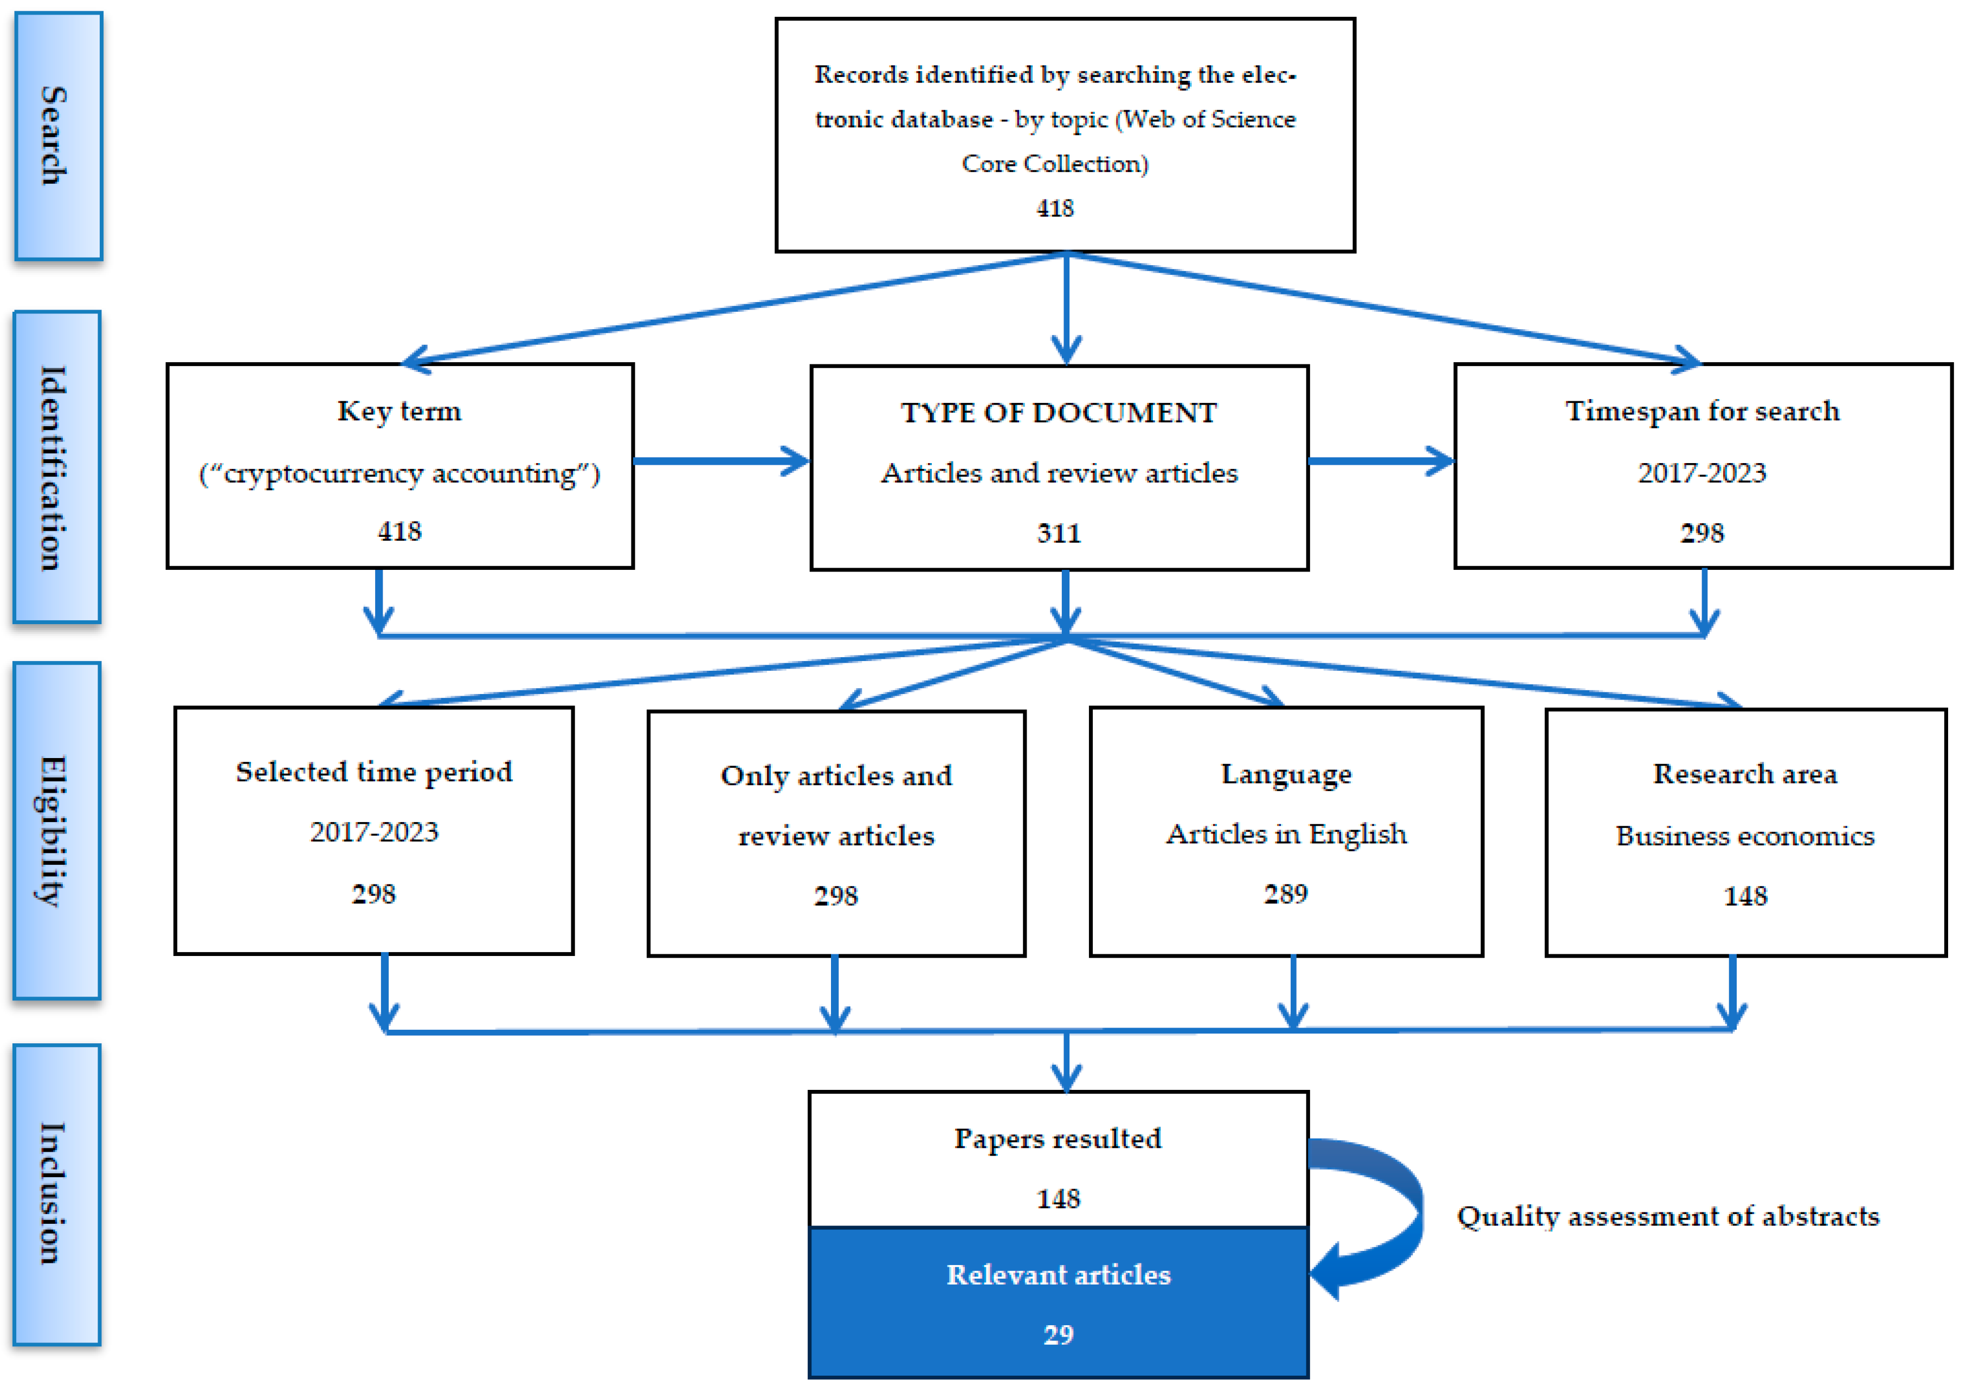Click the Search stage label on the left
click(56, 136)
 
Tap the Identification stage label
click(56, 467)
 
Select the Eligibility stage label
click(56, 830)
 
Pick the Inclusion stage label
click(56, 1194)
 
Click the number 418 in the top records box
click(1055, 208)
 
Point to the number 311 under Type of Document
click(1059, 534)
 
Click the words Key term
click(399, 412)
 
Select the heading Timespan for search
click(1702, 412)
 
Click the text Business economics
click(1745, 836)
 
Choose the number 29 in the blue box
click(1058, 1334)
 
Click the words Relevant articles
click(1058, 1275)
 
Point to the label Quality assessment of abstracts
click(1668, 1216)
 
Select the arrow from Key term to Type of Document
click(720, 461)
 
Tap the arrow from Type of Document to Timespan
click(1381, 461)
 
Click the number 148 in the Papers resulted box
click(1058, 1199)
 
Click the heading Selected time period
click(374, 772)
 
